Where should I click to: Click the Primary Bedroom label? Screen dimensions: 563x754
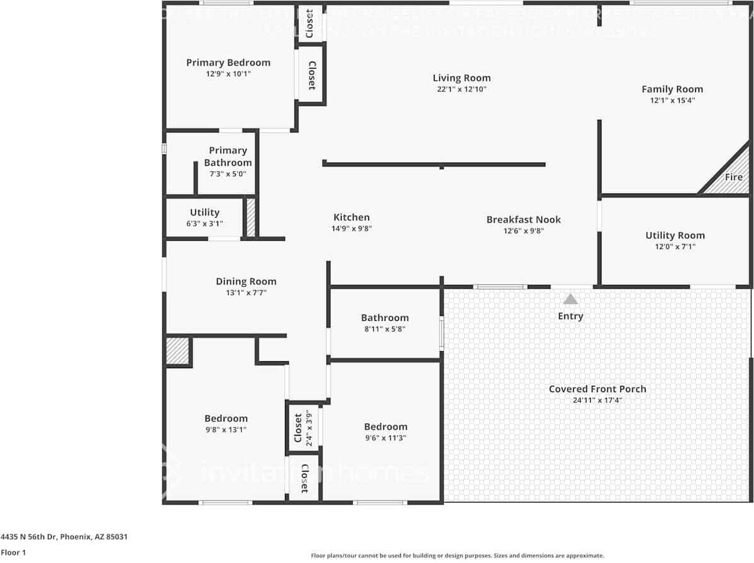[228, 62]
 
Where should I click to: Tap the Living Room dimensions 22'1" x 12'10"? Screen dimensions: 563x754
[461, 90]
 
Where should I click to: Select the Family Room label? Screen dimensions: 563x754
[672, 89]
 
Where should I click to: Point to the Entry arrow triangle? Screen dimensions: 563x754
[571, 299]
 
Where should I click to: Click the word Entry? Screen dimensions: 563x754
[571, 316]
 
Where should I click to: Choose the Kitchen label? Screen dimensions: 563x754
[352, 218]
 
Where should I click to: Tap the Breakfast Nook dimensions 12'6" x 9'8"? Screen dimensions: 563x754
[523, 231]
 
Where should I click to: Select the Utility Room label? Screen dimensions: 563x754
[675, 235]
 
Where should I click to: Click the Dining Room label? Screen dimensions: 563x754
[246, 281]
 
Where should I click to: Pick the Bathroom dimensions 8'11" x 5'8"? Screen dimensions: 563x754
[385, 328]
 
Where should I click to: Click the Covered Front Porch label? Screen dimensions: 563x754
[597, 389]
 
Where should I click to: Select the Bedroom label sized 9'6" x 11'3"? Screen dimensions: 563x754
[386, 426]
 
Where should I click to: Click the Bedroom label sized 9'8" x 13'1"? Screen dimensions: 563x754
[226, 418]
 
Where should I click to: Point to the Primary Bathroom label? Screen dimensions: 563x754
[228, 156]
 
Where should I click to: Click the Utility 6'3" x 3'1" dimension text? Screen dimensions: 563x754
[204, 224]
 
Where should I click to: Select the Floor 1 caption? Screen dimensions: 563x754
[13, 552]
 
